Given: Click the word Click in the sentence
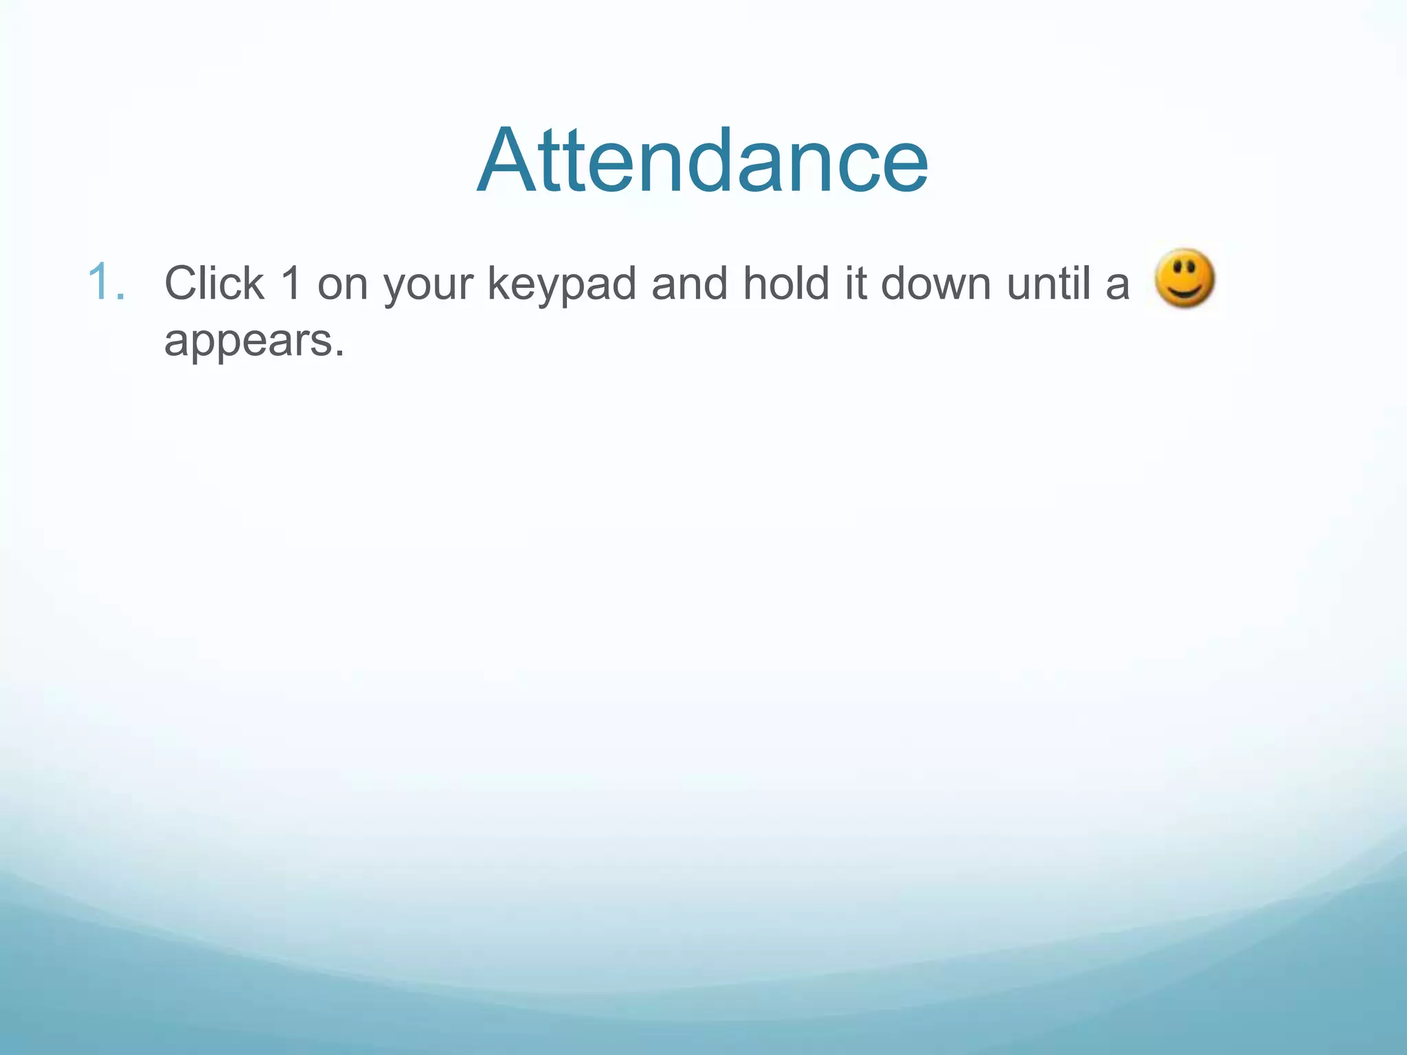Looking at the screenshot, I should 214,283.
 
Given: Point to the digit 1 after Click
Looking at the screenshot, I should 292,283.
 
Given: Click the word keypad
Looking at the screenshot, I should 562,286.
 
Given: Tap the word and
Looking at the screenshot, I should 689,283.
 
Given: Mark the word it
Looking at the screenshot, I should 855,283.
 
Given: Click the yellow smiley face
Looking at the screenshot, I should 1184,278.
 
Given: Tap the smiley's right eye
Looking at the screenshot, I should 1194,265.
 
